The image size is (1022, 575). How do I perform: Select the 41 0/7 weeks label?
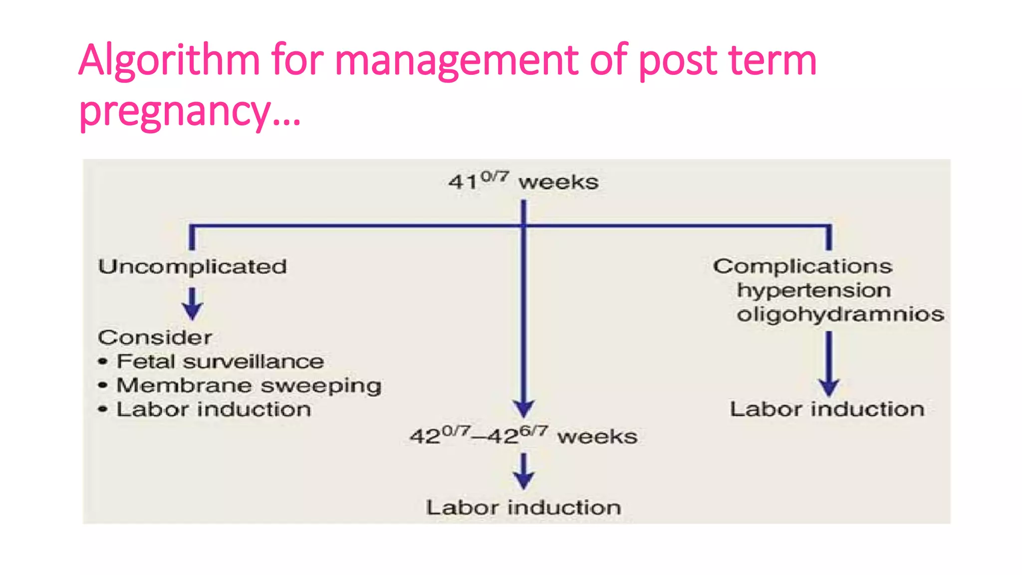[523, 181]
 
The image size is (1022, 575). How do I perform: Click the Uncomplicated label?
[193, 267]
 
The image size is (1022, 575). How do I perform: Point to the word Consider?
[155, 338]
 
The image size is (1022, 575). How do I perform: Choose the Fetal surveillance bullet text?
[220, 362]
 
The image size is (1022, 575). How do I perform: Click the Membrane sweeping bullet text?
[249, 386]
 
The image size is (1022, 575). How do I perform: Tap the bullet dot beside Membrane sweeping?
[103, 385]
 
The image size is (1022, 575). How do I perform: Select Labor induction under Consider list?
[214, 410]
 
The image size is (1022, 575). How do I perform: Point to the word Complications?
[802, 266]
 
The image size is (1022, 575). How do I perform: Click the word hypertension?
[814, 290]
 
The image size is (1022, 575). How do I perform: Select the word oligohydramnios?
[840, 314]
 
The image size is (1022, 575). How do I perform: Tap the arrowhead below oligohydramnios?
[829, 387]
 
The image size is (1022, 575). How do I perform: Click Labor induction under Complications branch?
[827, 409]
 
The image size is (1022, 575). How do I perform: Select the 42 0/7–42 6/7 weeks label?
[523, 436]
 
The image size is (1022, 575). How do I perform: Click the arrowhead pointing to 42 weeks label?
[523, 408]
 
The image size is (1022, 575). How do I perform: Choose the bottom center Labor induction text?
[523, 508]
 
